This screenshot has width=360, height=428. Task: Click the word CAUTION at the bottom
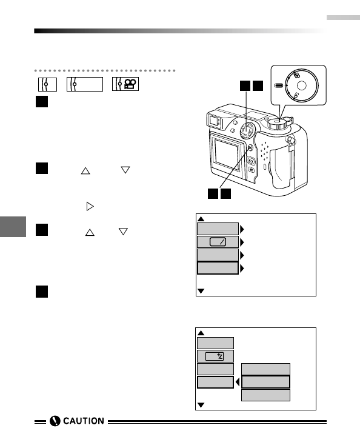pyautogui.click(x=84, y=421)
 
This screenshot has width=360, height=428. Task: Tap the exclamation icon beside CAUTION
pyautogui.click(x=55, y=421)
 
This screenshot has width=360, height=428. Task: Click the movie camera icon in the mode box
pyautogui.click(x=130, y=84)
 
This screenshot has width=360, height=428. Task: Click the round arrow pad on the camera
pyautogui.click(x=247, y=130)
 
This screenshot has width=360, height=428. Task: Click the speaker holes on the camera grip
pyautogui.click(x=264, y=150)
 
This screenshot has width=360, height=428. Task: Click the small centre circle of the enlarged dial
pyautogui.click(x=301, y=85)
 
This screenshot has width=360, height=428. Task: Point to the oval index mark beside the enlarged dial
pyautogui.click(x=278, y=85)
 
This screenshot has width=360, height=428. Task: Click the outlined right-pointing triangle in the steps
pyautogui.click(x=90, y=206)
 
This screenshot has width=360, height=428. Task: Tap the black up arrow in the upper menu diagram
pyautogui.click(x=201, y=219)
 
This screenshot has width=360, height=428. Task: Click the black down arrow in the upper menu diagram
pyautogui.click(x=201, y=291)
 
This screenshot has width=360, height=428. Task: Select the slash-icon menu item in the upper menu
pyautogui.click(x=218, y=242)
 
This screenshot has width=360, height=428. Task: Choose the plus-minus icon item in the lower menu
pyautogui.click(x=215, y=356)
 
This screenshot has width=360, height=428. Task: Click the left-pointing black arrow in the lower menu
pyautogui.click(x=238, y=382)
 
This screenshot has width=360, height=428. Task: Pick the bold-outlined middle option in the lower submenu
pyautogui.click(x=265, y=382)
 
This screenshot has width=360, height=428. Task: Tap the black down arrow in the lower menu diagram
pyautogui.click(x=201, y=405)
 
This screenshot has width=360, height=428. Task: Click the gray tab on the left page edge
pyautogui.click(x=13, y=227)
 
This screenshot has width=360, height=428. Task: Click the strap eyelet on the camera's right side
pyautogui.click(x=291, y=141)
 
